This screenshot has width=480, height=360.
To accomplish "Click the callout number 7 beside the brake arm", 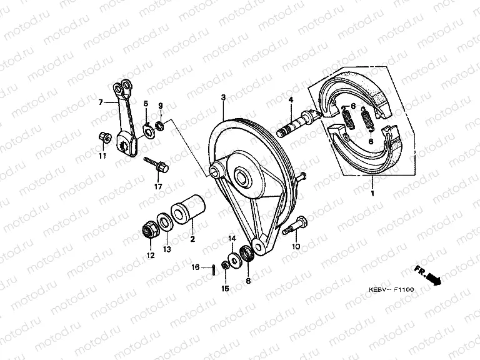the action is (x=101, y=102).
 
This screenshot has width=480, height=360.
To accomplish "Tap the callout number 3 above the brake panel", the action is (x=224, y=97).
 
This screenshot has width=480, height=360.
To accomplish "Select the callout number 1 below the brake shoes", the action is (x=372, y=194).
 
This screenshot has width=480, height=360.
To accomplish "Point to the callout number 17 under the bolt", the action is (x=158, y=186).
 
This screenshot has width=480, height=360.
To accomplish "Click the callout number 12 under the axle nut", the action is (x=151, y=255).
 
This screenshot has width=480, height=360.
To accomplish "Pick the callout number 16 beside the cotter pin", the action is (x=196, y=267).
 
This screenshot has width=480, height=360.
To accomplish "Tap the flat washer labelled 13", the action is (x=165, y=221).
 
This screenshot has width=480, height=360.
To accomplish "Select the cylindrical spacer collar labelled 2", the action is (x=188, y=209).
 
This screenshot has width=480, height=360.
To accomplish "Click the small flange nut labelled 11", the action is (x=105, y=137).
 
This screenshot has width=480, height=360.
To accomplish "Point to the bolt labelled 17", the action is (x=156, y=165).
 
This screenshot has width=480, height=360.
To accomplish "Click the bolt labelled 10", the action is (x=294, y=225).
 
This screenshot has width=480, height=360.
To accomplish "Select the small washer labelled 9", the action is (x=160, y=125).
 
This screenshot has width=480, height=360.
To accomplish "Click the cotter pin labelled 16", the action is (x=212, y=270).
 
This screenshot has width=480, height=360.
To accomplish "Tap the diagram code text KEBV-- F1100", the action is (x=391, y=289).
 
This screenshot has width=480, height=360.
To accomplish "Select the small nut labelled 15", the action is (x=225, y=266).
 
